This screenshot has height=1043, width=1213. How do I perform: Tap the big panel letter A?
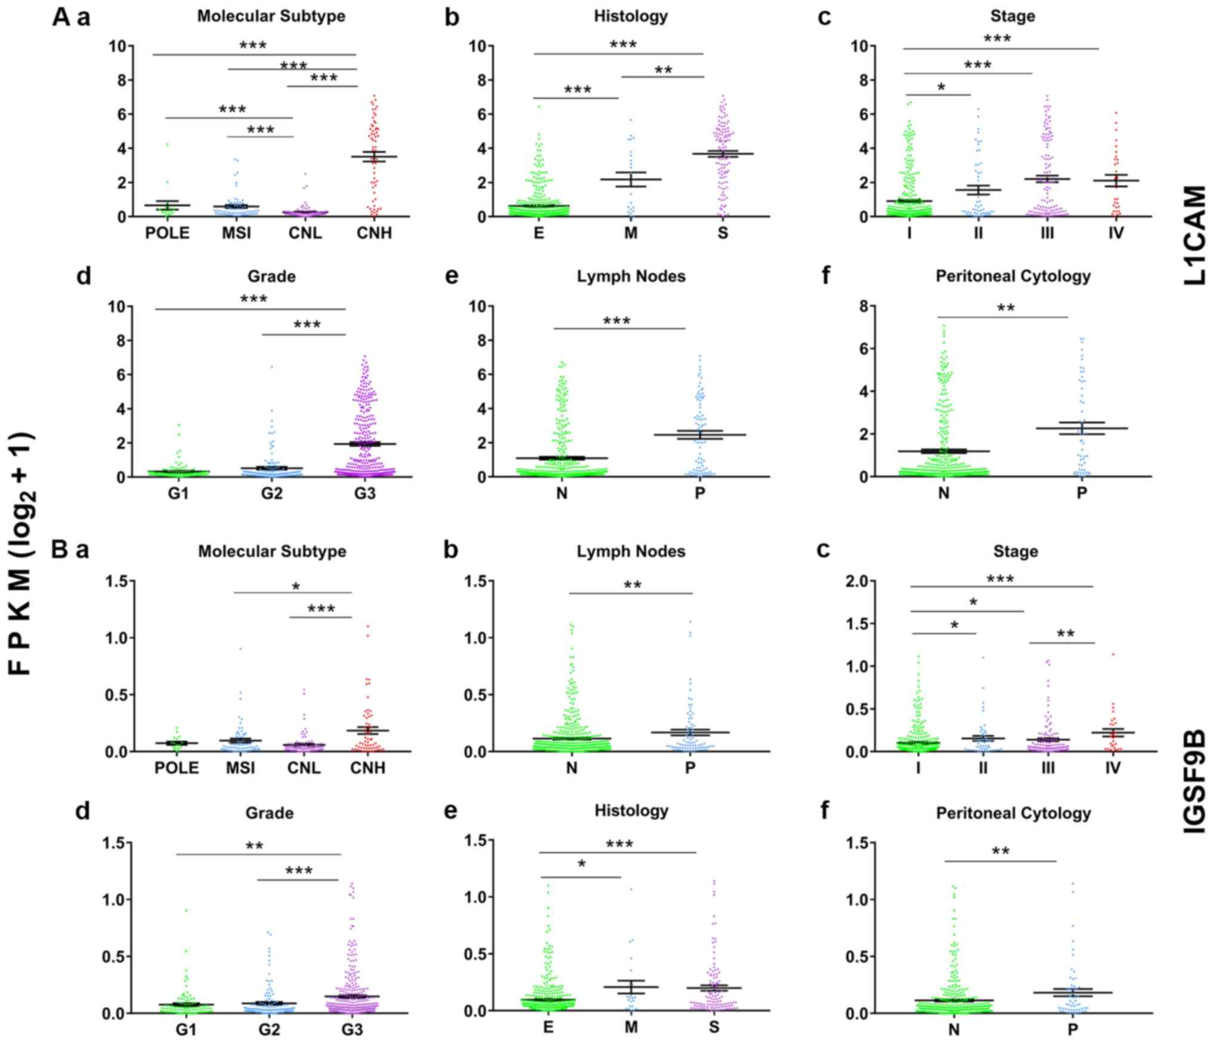[62, 17]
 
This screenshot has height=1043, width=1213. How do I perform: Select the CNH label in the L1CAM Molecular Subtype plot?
[374, 233]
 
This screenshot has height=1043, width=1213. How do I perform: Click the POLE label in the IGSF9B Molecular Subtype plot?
[177, 768]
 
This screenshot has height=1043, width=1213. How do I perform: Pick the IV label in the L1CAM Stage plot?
[1116, 233]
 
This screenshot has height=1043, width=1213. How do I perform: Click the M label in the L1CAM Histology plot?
[631, 233]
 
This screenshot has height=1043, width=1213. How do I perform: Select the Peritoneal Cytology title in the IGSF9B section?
[1014, 813]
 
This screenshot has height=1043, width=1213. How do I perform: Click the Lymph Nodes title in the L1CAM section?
[631, 276]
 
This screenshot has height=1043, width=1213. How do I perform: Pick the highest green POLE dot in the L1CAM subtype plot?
[168, 144]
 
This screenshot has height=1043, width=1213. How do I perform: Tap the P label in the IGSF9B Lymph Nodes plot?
[690, 768]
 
